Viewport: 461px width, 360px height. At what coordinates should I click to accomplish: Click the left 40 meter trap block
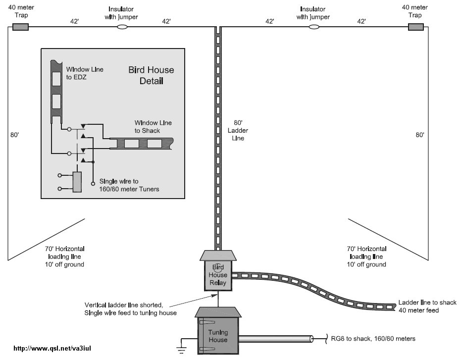click(x=20, y=27)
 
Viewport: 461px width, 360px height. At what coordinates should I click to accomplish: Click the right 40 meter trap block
click(x=415, y=27)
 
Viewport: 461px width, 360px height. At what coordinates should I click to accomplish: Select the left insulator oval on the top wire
click(x=122, y=27)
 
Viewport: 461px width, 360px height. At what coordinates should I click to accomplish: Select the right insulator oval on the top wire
click(x=313, y=27)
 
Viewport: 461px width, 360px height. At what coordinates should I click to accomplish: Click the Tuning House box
click(x=218, y=336)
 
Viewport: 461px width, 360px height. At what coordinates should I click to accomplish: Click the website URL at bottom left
click(x=51, y=348)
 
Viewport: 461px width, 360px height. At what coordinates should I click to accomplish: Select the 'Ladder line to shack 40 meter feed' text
click(x=427, y=307)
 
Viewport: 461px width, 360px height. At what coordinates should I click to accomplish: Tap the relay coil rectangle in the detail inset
click(x=78, y=182)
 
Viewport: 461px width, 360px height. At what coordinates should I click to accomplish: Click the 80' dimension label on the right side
click(x=420, y=134)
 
